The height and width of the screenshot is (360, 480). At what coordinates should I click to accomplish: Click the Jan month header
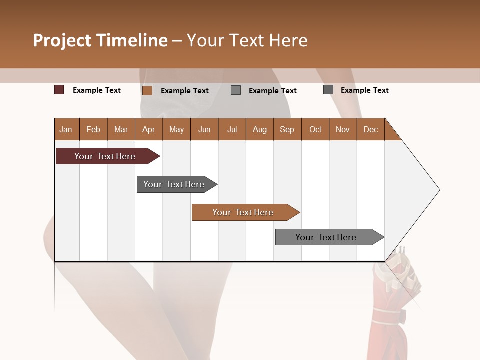(66, 129)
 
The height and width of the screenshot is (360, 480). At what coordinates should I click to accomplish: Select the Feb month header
(93, 129)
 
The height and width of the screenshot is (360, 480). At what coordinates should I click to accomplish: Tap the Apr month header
(149, 129)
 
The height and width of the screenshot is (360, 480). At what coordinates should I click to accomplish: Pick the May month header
(176, 129)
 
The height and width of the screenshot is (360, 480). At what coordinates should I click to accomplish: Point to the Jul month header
(232, 129)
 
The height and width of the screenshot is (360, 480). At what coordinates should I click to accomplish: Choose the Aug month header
(260, 129)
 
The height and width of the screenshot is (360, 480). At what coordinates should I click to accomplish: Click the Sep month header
(287, 129)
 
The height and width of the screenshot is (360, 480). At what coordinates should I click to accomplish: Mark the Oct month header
(315, 129)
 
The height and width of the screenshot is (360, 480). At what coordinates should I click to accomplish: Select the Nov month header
(343, 129)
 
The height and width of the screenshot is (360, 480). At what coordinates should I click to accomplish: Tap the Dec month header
(371, 129)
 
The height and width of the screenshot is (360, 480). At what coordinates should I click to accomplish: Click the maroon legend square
(59, 90)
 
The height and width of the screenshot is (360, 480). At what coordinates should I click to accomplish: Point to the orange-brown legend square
(147, 90)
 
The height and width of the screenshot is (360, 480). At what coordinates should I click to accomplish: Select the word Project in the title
(62, 40)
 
